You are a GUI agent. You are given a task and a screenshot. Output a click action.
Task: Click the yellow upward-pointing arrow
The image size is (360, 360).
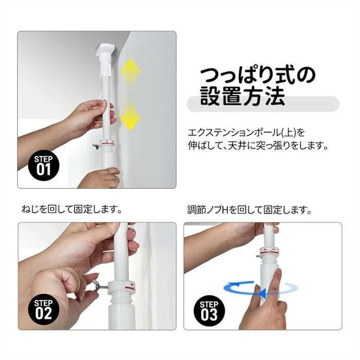(131, 72)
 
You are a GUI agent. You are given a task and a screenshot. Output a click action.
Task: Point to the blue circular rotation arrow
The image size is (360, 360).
(261, 290)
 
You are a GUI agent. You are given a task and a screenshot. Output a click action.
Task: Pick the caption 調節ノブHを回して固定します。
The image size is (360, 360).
(248, 210)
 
